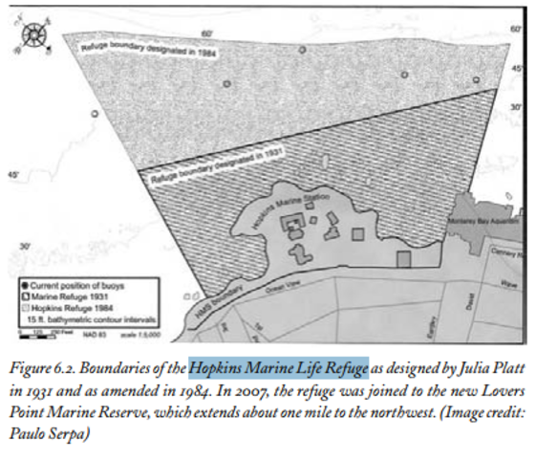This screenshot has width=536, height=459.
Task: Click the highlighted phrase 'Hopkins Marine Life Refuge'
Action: point(278,367)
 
